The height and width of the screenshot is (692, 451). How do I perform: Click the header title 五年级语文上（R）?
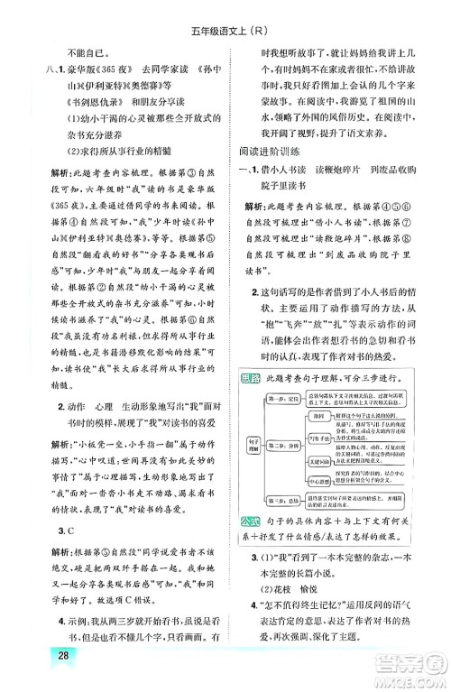(225, 14)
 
